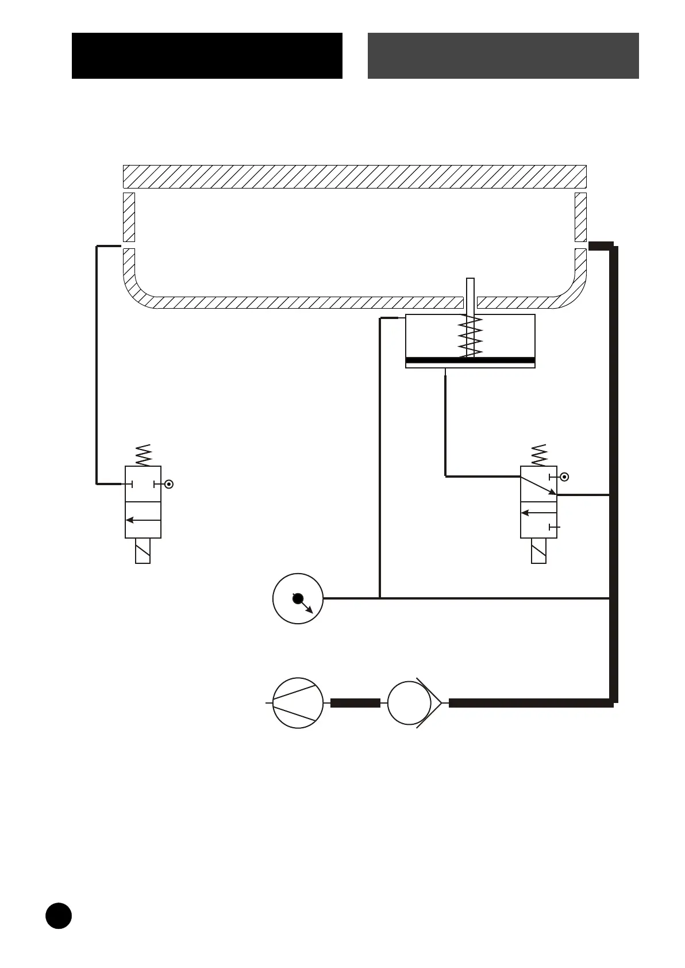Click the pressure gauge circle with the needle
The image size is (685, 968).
pos(298,598)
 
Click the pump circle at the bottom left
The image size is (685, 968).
pos(298,703)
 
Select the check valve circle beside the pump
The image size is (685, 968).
pos(409,703)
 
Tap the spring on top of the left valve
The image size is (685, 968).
pos(143,455)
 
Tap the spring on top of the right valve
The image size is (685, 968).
pos(539,455)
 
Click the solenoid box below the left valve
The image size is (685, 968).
pos(143,551)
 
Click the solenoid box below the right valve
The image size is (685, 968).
pos(538,551)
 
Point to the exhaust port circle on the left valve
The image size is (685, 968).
pos(168,484)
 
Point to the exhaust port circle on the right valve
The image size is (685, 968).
pos(564,477)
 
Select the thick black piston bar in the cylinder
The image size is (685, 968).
pos(470,361)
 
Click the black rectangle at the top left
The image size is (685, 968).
pos(207,55)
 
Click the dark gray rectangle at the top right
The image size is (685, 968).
pos(503,55)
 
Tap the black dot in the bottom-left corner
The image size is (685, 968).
pos(59,915)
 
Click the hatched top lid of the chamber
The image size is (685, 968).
pos(355,176)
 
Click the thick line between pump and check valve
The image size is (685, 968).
pos(355,703)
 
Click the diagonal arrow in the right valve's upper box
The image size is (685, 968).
pos(538,485)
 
